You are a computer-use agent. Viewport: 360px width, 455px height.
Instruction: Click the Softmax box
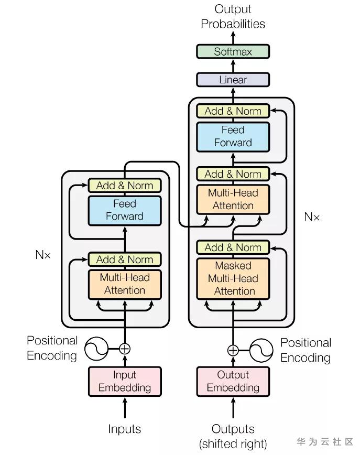click(x=233, y=51)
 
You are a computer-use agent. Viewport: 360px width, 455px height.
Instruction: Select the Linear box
click(x=233, y=80)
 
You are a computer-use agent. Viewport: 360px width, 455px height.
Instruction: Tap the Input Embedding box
click(x=125, y=381)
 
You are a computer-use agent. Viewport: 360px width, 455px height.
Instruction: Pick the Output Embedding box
click(x=233, y=381)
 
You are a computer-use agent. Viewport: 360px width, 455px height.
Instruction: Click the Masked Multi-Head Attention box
click(x=233, y=278)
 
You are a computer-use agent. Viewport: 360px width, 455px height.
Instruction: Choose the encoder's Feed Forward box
click(x=125, y=210)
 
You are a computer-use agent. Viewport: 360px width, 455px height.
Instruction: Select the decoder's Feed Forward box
click(x=233, y=136)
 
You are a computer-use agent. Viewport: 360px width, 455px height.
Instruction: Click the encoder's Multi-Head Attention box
click(x=125, y=284)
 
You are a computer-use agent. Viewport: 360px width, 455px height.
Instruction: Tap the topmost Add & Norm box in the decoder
click(x=233, y=111)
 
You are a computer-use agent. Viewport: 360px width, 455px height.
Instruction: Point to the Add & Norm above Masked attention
click(x=233, y=247)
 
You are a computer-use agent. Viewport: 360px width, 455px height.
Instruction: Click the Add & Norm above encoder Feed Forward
click(x=125, y=185)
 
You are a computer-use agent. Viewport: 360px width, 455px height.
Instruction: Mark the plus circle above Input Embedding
click(x=125, y=348)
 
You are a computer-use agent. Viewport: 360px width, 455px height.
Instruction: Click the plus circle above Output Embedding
click(x=233, y=350)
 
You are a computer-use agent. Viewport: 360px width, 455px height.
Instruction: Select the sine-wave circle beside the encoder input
click(x=96, y=348)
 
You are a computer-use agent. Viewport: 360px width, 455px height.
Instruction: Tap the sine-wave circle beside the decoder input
click(x=261, y=350)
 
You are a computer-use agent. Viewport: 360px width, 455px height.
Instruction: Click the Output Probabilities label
click(x=233, y=16)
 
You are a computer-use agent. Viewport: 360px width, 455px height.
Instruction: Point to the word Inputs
click(x=125, y=429)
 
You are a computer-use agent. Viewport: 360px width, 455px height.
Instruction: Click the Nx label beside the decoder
click(x=312, y=216)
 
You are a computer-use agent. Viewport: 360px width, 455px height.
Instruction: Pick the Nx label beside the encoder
click(x=43, y=255)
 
